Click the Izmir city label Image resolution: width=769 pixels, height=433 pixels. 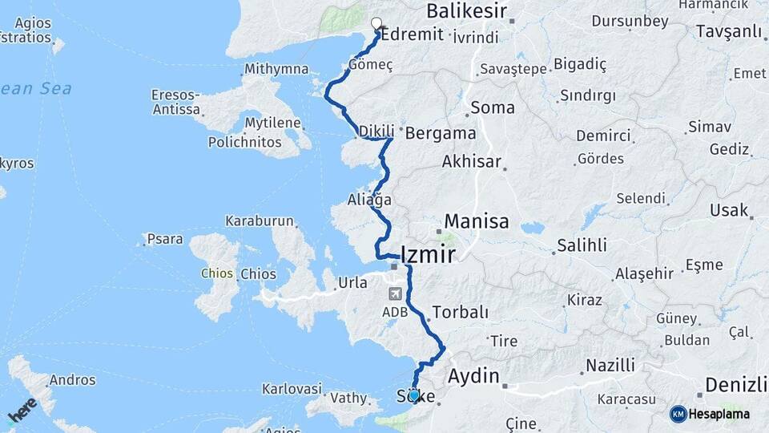(x=423, y=255)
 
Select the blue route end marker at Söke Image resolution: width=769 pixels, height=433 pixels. (x=414, y=395)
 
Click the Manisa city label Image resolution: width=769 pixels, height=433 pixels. (x=477, y=221)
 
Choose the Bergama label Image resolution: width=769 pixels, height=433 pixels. (x=441, y=132)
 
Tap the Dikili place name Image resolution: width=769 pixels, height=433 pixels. (x=376, y=131)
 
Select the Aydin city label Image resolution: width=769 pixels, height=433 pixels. (x=473, y=376)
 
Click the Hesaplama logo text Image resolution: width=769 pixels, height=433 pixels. (x=719, y=414)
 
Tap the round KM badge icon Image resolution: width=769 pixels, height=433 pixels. (x=678, y=414)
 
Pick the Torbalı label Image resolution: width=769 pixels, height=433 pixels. (x=460, y=312)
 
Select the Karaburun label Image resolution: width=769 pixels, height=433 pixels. (x=260, y=221)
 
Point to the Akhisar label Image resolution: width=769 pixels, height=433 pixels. (x=472, y=162)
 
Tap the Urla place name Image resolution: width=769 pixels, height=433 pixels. (x=353, y=282)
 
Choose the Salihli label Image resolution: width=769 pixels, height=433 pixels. (x=582, y=245)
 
